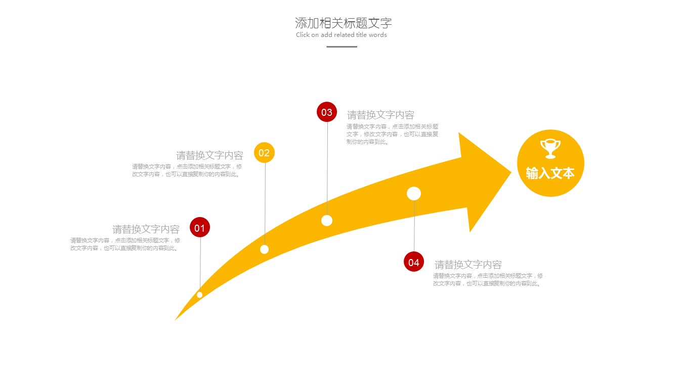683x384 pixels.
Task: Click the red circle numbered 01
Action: (x=200, y=227)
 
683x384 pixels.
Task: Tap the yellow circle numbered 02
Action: (x=264, y=152)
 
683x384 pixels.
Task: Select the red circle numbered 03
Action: (x=327, y=112)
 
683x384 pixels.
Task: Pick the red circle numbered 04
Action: (x=414, y=262)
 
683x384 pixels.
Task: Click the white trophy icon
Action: (x=550, y=149)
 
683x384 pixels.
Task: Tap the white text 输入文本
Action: (x=550, y=173)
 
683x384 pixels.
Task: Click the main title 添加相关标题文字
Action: (x=344, y=23)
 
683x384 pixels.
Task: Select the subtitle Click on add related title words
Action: (x=341, y=35)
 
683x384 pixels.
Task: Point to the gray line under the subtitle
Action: (x=342, y=47)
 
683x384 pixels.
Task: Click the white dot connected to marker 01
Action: (x=199, y=294)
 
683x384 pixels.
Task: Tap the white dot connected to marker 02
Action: (x=265, y=249)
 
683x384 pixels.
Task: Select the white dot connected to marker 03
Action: (x=327, y=221)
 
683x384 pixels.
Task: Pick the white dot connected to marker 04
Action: (x=414, y=193)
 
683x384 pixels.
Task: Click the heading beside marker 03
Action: (x=380, y=115)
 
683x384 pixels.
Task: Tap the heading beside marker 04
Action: (x=468, y=265)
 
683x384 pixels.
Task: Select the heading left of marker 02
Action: (x=210, y=155)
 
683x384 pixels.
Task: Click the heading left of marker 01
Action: (x=146, y=229)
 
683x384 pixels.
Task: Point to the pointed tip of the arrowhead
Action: (x=511, y=173)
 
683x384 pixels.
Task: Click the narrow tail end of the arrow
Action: (x=176, y=319)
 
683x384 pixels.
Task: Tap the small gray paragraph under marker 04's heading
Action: (x=488, y=280)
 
